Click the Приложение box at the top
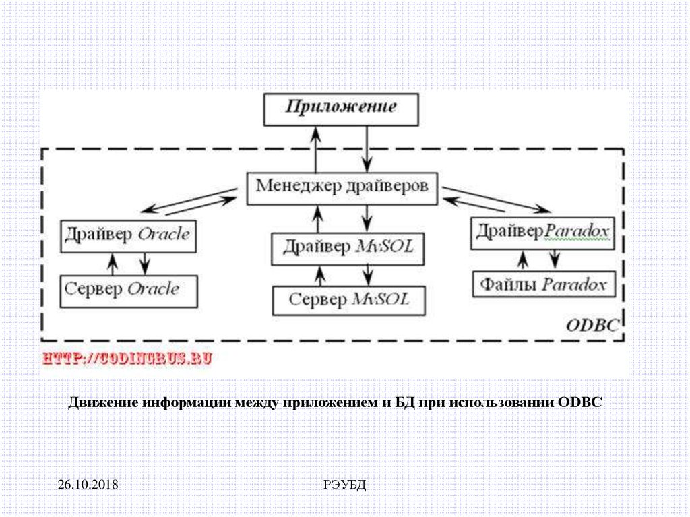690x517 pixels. [x=340, y=109]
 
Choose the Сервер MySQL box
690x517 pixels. [x=349, y=300]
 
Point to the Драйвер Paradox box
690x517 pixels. [x=542, y=233]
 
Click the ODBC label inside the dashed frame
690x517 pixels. [x=592, y=326]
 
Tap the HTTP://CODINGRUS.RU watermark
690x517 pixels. [x=127, y=359]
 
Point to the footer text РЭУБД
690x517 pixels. [x=344, y=484]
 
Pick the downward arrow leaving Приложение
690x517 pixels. [x=367, y=150]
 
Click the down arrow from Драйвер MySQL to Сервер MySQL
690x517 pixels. [x=367, y=274]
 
